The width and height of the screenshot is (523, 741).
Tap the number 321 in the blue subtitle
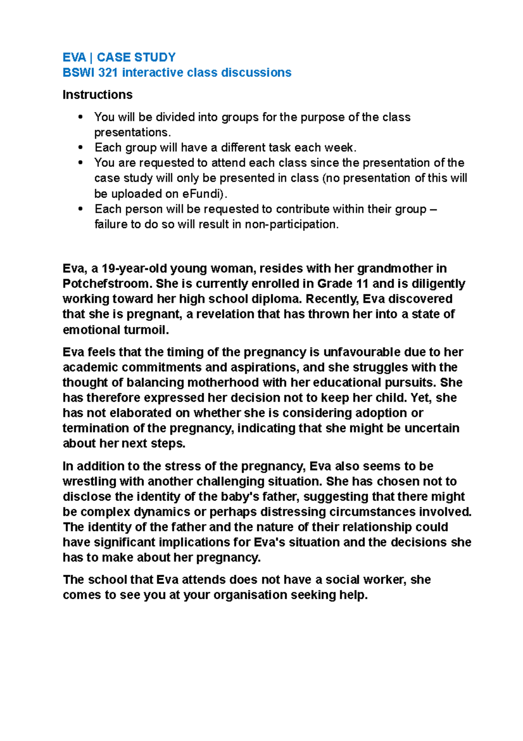coord(108,72)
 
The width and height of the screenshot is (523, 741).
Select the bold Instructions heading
coord(97,95)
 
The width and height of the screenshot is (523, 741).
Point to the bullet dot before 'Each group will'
coord(80,148)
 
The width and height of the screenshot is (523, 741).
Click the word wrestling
coord(89,481)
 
